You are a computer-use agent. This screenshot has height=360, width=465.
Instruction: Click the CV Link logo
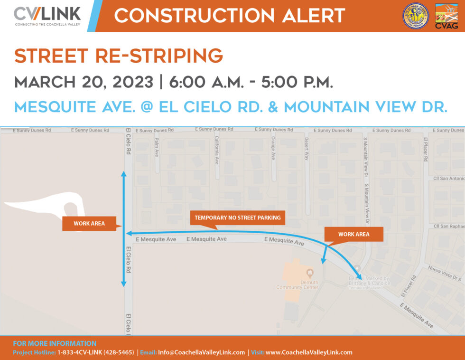pyautogui.click(x=47, y=16)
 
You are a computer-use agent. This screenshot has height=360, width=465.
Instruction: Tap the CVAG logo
pyautogui.click(x=446, y=17)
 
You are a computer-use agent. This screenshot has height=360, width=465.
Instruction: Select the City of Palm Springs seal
pyautogui.click(x=416, y=16)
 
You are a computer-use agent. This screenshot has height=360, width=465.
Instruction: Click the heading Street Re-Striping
pyautogui.click(x=119, y=56)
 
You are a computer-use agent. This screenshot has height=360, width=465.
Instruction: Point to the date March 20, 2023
pyautogui.click(x=84, y=82)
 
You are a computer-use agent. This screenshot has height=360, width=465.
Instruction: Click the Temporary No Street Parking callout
pyautogui.click(x=237, y=218)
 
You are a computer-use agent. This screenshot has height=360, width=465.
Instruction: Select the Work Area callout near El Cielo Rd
pyautogui.click(x=89, y=223)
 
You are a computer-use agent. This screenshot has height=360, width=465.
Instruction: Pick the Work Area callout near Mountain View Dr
pyautogui.click(x=353, y=234)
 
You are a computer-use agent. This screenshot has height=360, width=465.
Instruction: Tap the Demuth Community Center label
pyautogui.click(x=298, y=284)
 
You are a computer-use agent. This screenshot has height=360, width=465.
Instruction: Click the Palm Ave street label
pyautogui.click(x=156, y=147)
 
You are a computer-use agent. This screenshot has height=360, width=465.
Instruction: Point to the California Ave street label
pyautogui.click(x=217, y=151)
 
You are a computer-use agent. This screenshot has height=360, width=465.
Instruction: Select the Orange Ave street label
pyautogui.click(x=273, y=148)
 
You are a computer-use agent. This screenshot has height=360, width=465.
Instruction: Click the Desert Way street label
pyautogui.click(x=307, y=149)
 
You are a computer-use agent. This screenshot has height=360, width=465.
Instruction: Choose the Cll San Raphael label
pyautogui.click(x=448, y=226)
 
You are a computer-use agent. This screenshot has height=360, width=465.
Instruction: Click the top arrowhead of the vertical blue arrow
pyautogui.click(x=124, y=174)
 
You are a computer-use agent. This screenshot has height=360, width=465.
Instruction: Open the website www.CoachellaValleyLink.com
pyautogui.click(x=309, y=352)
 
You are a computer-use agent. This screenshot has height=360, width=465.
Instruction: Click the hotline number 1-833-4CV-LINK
pyautogui.click(x=95, y=352)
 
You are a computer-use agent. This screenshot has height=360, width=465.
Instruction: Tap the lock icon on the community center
pyautogui.click(x=310, y=272)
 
